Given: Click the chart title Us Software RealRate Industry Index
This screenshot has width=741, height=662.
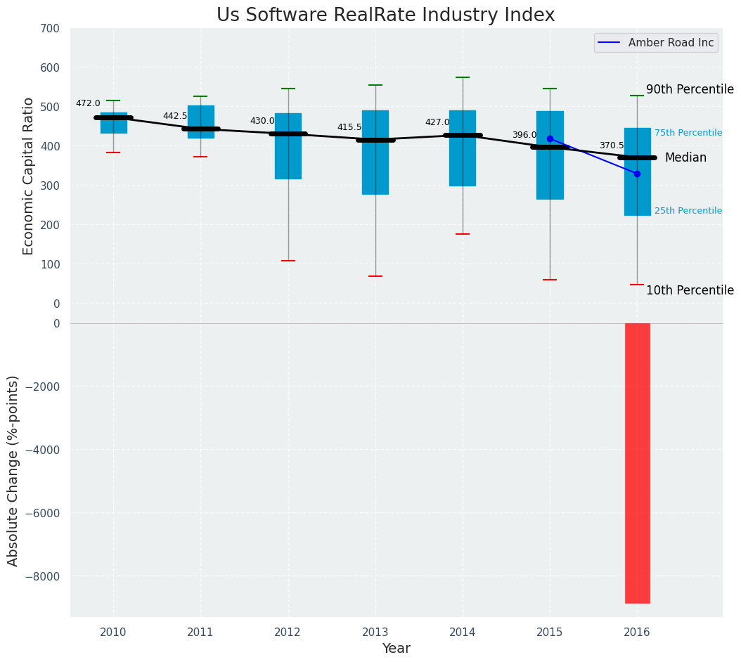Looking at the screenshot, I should [x=385, y=15].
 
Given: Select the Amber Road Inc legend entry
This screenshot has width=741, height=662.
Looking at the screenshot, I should [x=671, y=43].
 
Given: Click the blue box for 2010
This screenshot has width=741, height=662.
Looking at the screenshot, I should [x=114, y=123].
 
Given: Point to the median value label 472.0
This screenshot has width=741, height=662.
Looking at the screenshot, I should [x=88, y=103].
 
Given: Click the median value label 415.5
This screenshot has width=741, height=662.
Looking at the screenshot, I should [x=349, y=127].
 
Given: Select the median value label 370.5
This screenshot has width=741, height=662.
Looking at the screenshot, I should [x=612, y=145].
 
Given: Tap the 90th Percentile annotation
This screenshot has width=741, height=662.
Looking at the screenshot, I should [x=690, y=89].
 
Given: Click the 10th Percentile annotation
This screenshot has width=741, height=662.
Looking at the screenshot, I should [x=690, y=290].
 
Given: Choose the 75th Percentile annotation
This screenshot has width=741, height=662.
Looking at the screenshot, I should [x=688, y=133].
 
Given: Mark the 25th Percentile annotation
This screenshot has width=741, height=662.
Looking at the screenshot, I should [x=688, y=211].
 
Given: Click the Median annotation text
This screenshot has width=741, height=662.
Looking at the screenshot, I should [x=685, y=158].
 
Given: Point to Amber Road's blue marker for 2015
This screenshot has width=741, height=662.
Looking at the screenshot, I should [x=550, y=138].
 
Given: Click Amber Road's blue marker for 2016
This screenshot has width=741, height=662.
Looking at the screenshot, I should [x=637, y=174].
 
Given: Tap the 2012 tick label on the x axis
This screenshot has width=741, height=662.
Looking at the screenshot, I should [x=288, y=632].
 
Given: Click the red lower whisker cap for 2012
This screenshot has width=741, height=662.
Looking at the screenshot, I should [x=288, y=261].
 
